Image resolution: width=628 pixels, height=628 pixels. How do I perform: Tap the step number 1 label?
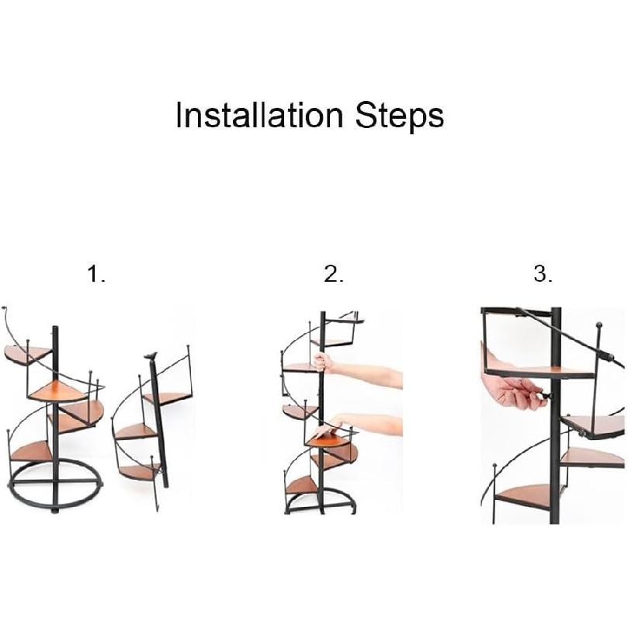95,274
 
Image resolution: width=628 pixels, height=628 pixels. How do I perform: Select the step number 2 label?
333,274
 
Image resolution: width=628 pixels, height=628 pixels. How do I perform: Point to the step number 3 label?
543,274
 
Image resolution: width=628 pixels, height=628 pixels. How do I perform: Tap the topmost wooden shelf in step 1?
23,355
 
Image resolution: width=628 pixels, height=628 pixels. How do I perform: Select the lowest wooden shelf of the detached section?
140,471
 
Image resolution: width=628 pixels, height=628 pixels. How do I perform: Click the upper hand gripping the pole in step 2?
321,363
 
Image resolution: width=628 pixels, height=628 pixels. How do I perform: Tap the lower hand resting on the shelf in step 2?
326,428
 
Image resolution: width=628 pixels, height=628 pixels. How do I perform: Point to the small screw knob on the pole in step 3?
546,395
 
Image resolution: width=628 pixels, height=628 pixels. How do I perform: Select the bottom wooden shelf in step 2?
302,485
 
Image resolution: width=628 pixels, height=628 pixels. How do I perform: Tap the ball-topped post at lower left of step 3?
494,467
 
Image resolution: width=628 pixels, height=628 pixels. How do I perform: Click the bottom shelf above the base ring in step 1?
31,450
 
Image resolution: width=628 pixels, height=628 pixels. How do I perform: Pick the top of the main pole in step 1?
54,329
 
